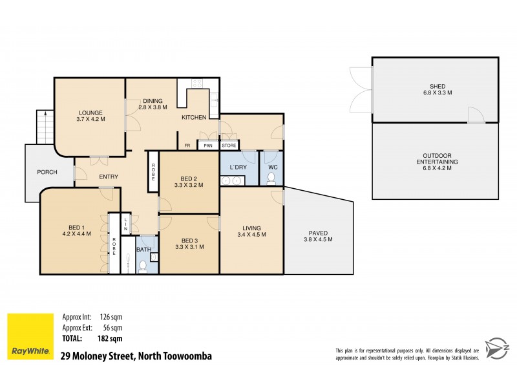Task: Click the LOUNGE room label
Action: tap(90, 113)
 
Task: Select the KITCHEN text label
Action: tap(193, 118)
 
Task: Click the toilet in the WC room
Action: tap(272, 175)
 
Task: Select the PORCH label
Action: tap(47, 172)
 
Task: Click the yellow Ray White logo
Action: tap(30, 336)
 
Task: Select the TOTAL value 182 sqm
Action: tap(107, 338)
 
